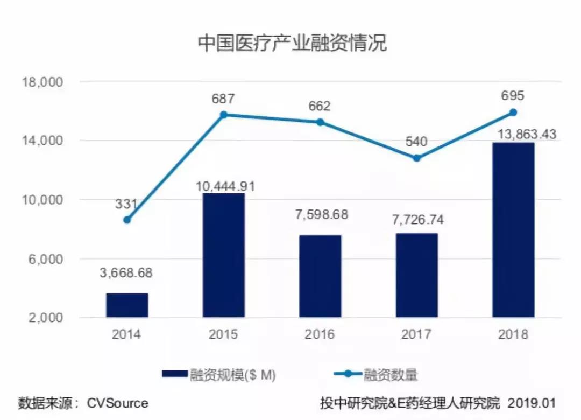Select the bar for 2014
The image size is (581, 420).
coord(127,305)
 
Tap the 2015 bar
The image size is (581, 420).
coord(223,256)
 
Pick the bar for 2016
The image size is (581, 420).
coord(320,276)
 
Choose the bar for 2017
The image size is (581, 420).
coord(416,275)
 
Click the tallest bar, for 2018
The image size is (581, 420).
coord(513,230)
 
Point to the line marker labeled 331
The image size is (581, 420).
coord(127,220)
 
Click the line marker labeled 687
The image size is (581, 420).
coord(223,115)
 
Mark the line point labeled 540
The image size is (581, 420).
coord(416,158)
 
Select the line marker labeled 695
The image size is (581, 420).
coord(513,113)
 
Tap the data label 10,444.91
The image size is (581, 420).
coord(223,186)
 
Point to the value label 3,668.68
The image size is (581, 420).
coord(127,273)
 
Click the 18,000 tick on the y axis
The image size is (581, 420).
coord(42,82)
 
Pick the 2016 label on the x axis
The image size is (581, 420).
coord(320,334)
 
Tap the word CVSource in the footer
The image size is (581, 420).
coord(118,403)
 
